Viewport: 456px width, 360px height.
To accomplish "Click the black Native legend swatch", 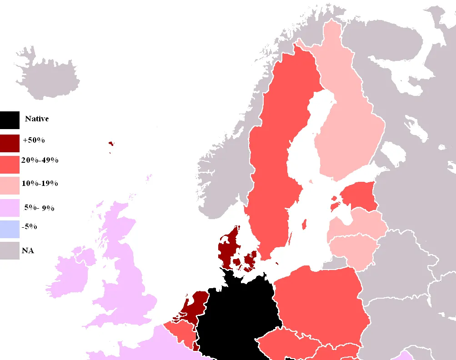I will click(x=10, y=120).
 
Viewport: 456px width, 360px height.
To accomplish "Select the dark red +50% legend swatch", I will click(x=10, y=143).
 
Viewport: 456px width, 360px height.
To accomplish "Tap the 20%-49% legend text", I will click(x=40, y=160).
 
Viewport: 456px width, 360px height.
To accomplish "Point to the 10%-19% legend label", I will click(x=40, y=183).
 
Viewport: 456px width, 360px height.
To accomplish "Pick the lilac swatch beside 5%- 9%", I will click(x=10, y=208).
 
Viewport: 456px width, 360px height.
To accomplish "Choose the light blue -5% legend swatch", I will click(x=10, y=229).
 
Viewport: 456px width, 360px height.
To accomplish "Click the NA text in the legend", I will click(x=28, y=250).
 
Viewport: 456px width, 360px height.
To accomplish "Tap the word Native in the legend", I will click(x=37, y=119).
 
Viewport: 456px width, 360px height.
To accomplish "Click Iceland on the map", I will click(x=45, y=75).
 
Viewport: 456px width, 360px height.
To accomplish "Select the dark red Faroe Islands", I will click(x=111, y=144).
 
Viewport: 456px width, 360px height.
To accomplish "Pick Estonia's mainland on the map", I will click(x=359, y=195).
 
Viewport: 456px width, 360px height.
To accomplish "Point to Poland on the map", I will click(x=318, y=300).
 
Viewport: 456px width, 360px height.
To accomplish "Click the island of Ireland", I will click(x=73, y=273).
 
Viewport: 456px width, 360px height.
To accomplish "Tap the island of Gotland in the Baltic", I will click(x=304, y=224).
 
